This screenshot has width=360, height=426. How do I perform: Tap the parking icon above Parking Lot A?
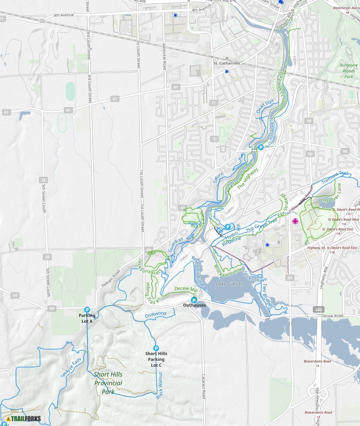coord(87,310)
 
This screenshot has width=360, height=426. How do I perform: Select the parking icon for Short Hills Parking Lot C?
coord(156,348)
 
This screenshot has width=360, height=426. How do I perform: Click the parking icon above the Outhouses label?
coord(194,300)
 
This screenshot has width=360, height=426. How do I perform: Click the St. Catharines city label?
coord(227,63)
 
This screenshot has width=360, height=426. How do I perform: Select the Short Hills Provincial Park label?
coord(108,383)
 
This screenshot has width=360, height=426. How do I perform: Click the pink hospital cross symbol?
coord(295,221)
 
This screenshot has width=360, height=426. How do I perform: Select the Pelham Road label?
coord(109,280)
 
